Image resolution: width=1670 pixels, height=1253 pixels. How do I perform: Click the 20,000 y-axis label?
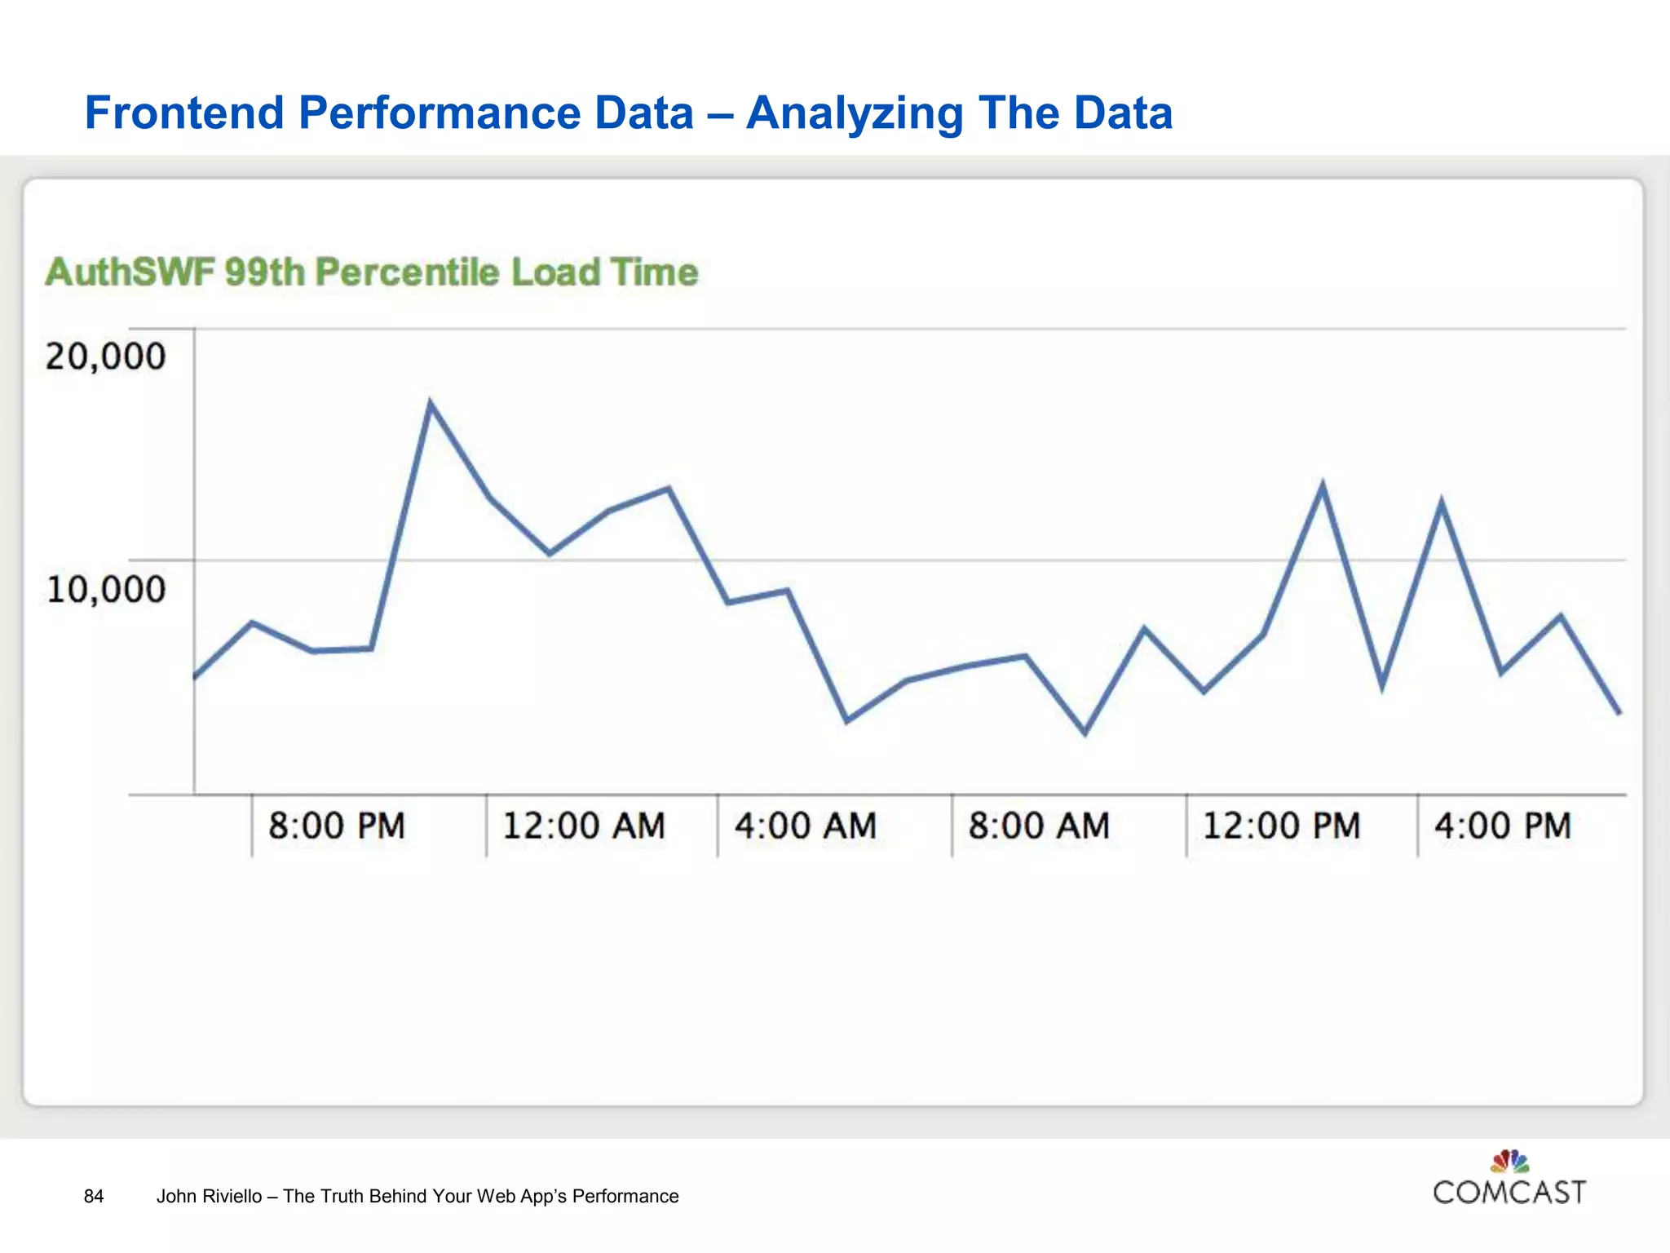pyautogui.click(x=105, y=357)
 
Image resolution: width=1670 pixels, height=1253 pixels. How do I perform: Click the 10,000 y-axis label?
pyautogui.click(x=105, y=589)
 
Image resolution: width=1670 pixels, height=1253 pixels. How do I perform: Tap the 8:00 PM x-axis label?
pyautogui.click(x=337, y=826)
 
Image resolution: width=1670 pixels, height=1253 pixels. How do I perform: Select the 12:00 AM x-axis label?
pyautogui.click(x=584, y=826)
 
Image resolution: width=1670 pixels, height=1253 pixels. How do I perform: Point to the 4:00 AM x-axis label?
pyautogui.click(x=806, y=826)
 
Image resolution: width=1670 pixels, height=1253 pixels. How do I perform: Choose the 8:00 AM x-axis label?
pyautogui.click(x=1039, y=826)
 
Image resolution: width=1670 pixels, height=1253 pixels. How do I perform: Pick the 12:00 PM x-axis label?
pyautogui.click(x=1281, y=826)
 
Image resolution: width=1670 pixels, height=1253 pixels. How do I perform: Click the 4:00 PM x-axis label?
pyautogui.click(x=1503, y=826)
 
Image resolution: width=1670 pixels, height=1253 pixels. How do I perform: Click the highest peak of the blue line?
pyautogui.click(x=431, y=404)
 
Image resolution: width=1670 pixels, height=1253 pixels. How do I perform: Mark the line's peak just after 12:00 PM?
pyautogui.click(x=1322, y=486)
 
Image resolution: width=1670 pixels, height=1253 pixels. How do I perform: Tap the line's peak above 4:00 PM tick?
pyautogui.click(x=1442, y=503)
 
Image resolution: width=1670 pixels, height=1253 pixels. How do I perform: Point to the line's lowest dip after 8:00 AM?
pyautogui.click(x=1085, y=732)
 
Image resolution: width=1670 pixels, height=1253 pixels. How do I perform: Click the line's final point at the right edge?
pyautogui.click(x=1619, y=712)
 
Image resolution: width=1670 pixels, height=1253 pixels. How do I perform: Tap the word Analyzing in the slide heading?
pyautogui.click(x=855, y=113)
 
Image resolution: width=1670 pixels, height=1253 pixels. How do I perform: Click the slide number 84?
pyautogui.click(x=94, y=1196)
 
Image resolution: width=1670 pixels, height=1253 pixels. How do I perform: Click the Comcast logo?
pyautogui.click(x=1509, y=1180)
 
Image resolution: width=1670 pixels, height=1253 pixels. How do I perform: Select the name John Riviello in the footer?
pyautogui.click(x=209, y=1196)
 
